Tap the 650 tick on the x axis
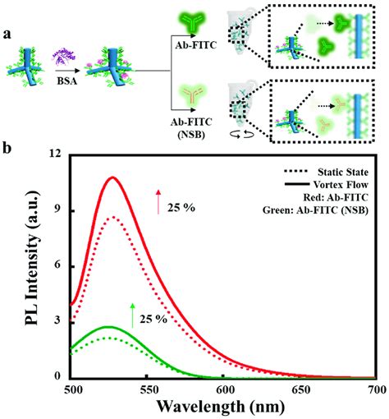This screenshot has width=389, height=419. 299,389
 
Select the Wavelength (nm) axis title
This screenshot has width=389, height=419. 224,407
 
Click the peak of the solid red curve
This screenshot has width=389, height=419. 112,177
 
